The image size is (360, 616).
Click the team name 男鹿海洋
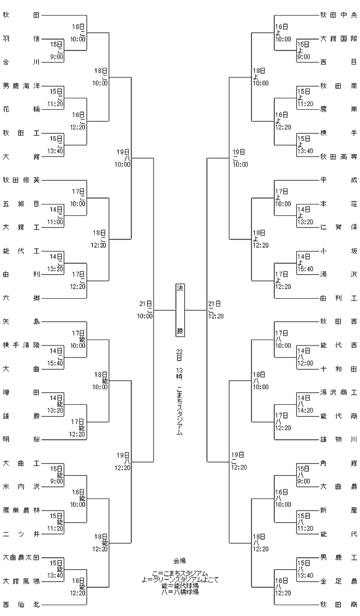tap(21, 86)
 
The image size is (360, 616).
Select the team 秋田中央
tap(338, 16)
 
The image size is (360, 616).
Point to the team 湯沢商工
tap(338, 392)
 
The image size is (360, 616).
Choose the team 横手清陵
tap(21, 345)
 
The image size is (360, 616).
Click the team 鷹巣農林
tap(21, 510)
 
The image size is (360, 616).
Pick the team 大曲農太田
tap(21, 557)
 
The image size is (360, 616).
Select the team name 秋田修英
tap(21, 181)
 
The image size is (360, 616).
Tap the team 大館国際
tap(338, 39)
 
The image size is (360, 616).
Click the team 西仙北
tap(21, 605)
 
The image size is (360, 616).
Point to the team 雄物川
tap(338, 440)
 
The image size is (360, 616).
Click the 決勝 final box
tap(179, 310)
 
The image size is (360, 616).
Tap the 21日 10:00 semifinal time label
tap(145, 310)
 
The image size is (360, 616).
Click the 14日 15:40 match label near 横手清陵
tap(55, 357)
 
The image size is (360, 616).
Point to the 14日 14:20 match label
tap(305, 404)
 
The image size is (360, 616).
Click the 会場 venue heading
tap(179, 561)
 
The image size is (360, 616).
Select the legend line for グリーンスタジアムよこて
tap(180, 579)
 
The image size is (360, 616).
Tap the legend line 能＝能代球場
tap(180, 585)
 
